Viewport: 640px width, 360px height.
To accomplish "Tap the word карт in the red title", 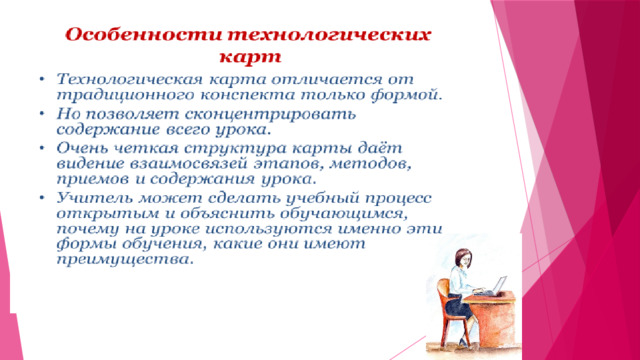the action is (x=250, y=56).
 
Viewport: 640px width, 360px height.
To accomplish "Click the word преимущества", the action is (x=124, y=260).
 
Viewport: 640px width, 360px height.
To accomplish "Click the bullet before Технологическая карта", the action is (x=42, y=78).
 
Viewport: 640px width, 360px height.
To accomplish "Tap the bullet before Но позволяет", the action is (x=42, y=113).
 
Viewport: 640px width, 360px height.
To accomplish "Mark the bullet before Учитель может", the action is (x=42, y=198).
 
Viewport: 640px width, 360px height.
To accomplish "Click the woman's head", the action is (x=462, y=258).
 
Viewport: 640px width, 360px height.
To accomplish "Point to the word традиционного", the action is (x=125, y=95).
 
